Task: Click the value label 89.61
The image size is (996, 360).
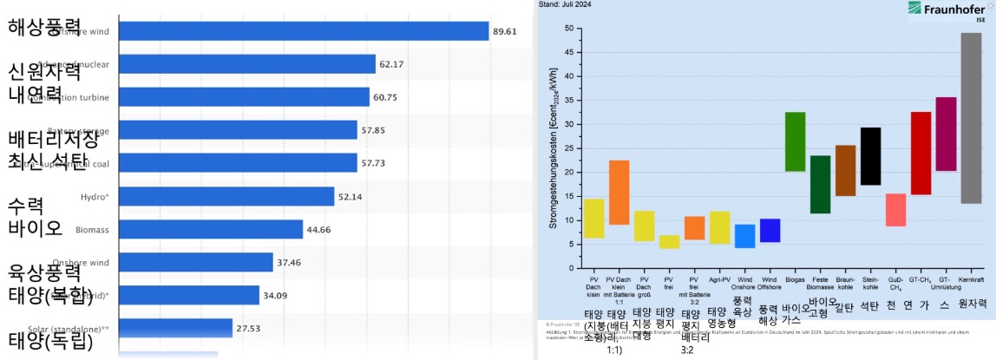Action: coord(505,31)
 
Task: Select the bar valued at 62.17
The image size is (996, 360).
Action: coord(246,64)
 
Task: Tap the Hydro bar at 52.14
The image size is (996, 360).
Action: coord(226,197)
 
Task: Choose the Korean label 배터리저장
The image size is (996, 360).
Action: coord(53,139)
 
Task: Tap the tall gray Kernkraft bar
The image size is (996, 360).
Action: coord(971,117)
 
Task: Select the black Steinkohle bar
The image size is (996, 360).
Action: coord(870,156)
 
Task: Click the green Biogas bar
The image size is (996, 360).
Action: coord(795,141)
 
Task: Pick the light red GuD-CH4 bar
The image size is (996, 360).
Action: coord(895,210)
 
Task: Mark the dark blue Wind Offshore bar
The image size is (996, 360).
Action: coord(770,231)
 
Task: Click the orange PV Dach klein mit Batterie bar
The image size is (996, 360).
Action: coord(619,193)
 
